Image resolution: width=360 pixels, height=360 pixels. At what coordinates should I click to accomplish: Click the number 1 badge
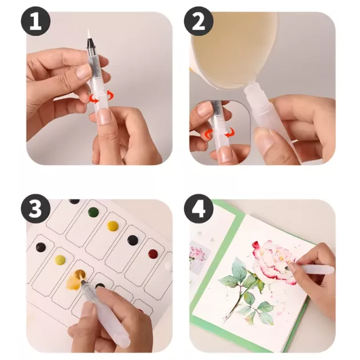36,21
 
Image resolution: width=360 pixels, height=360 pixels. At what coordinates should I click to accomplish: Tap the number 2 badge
199,21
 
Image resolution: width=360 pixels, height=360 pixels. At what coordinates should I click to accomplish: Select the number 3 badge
35,209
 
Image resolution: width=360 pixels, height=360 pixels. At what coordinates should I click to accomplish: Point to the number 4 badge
199,209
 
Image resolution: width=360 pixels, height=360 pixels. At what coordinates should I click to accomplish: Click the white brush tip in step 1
89,34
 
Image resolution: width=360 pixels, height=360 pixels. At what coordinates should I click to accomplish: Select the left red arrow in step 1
94,98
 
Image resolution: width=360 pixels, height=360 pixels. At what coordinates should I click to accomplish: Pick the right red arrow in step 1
110,95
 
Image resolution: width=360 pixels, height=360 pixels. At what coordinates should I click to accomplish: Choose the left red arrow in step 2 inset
209,134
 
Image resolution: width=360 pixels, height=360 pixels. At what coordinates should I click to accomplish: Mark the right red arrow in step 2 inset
230,133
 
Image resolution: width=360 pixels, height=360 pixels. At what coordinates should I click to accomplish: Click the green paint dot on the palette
94,212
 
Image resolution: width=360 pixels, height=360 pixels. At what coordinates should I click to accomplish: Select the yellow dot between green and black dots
113,226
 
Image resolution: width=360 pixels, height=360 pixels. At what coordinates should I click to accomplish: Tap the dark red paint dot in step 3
153,254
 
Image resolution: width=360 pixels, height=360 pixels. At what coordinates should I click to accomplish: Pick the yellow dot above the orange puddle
60,259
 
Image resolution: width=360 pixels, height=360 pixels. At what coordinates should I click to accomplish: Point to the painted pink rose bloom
274,259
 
